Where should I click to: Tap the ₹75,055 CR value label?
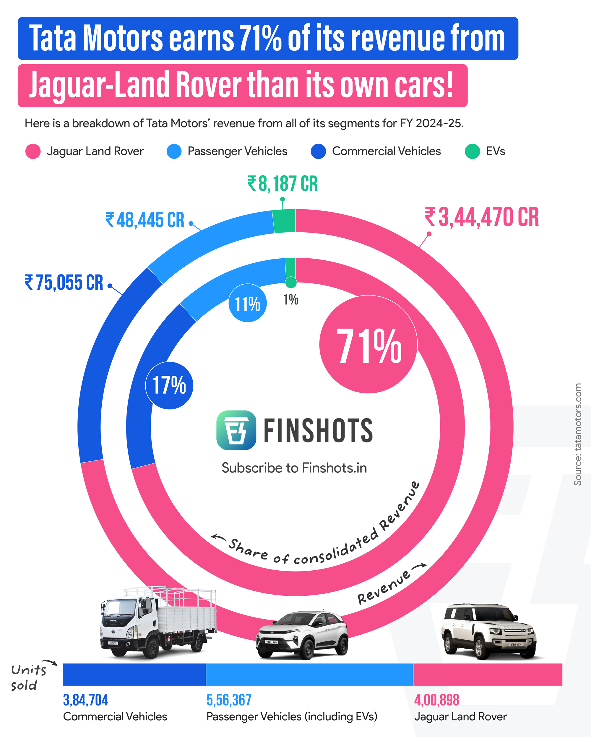pyautogui.click(x=64, y=283)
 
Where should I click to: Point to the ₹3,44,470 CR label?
pyautogui.click(x=482, y=217)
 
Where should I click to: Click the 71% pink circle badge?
pyautogui.click(x=368, y=345)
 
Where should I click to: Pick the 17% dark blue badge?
pyautogui.click(x=169, y=386)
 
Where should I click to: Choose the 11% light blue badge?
pyautogui.click(x=247, y=303)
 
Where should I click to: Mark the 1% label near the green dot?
pyautogui.click(x=290, y=300)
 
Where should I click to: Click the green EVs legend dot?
pyautogui.click(x=472, y=151)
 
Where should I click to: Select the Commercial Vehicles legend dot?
pyautogui.click(x=318, y=151)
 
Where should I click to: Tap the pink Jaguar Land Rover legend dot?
pyautogui.click(x=33, y=151)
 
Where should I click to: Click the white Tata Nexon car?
pyautogui.click(x=302, y=635)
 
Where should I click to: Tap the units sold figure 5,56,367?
pyautogui.click(x=229, y=700)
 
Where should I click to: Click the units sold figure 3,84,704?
pyautogui.click(x=85, y=700)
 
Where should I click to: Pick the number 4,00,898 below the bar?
pyautogui.click(x=436, y=700)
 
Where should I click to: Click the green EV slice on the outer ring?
pyautogui.click(x=284, y=221)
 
